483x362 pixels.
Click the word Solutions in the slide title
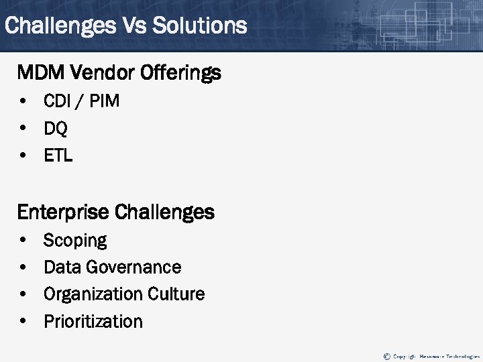200,26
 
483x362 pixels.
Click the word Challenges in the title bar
59,26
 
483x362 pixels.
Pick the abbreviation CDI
57,102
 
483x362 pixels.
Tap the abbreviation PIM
103,102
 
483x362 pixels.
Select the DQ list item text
56,129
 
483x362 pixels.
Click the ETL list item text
58,156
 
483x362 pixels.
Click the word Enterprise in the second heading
64,213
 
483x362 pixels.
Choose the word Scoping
75,241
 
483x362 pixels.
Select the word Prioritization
93,322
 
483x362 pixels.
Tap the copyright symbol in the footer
386,355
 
